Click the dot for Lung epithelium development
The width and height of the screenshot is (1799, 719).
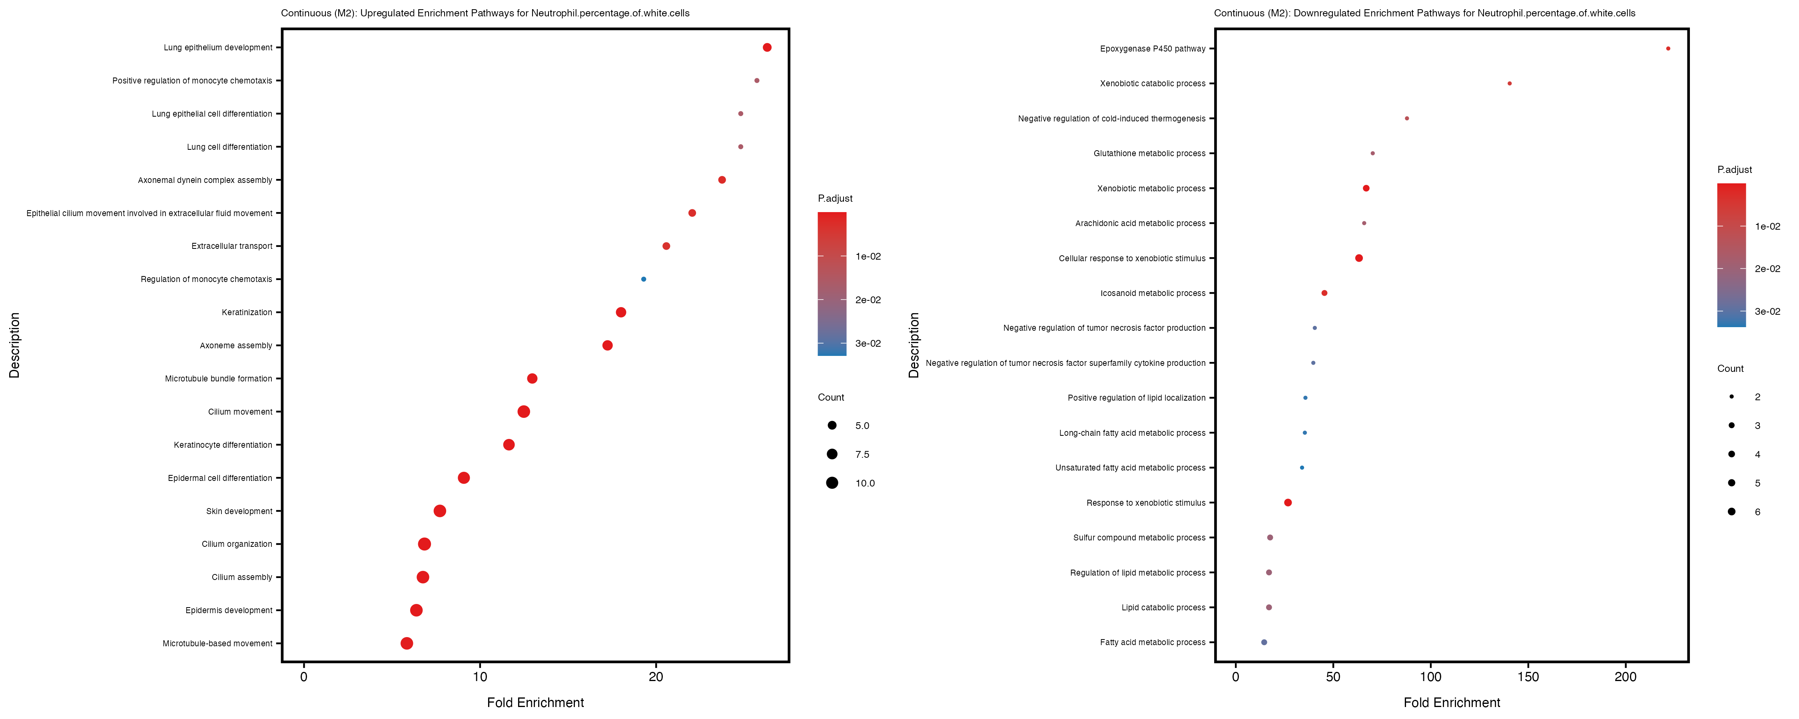pyautogui.click(x=767, y=48)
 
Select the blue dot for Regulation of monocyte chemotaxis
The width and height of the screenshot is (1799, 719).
pyautogui.click(x=643, y=279)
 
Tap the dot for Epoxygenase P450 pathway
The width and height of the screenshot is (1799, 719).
pyautogui.click(x=1668, y=49)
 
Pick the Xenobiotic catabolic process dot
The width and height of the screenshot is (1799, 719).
pyautogui.click(x=1509, y=84)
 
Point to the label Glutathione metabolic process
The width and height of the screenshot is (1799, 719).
pyautogui.click(x=1149, y=153)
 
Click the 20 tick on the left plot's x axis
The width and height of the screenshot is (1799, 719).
pyautogui.click(x=656, y=676)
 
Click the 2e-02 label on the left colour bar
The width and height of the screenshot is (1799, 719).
pyautogui.click(x=868, y=300)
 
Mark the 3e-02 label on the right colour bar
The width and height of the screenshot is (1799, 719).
pyautogui.click(x=1767, y=311)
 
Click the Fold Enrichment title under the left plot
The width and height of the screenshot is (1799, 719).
pyautogui.click(x=535, y=702)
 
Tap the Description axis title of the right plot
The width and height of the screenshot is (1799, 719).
pyautogui.click(x=913, y=345)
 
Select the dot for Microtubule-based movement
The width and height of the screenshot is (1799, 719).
pyautogui.click(x=407, y=643)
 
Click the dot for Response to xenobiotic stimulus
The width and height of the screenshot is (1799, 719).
pyautogui.click(x=1288, y=503)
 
